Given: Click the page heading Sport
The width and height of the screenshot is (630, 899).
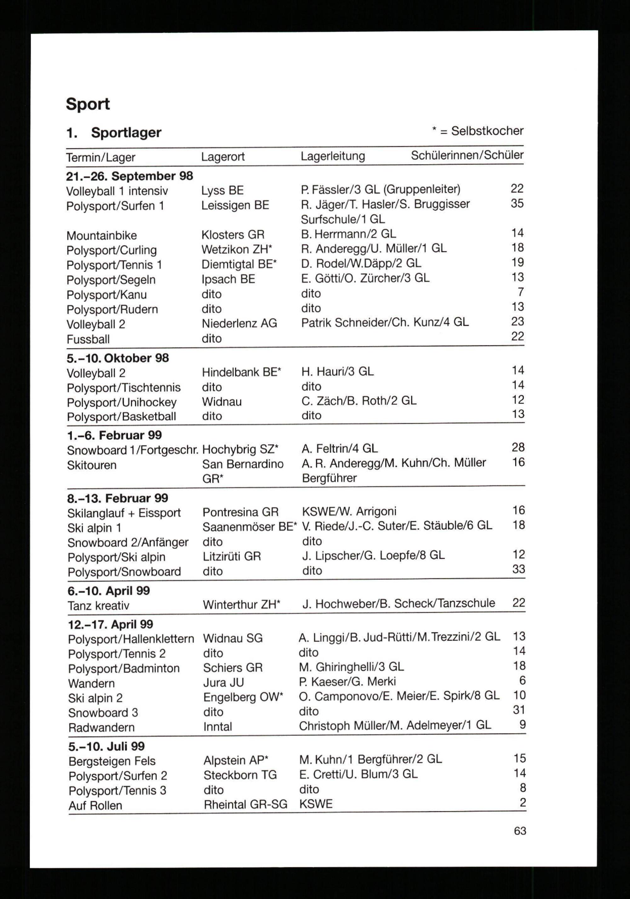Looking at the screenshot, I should [x=88, y=104].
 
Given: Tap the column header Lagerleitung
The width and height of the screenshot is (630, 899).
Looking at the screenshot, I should [x=333, y=156].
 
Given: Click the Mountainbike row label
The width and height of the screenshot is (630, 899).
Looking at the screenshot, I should [x=101, y=236].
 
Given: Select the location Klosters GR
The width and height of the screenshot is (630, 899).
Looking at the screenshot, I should [x=233, y=235].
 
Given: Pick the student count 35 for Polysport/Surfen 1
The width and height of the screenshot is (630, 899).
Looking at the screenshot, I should [x=517, y=204].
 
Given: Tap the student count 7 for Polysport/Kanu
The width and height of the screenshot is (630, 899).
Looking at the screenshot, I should [x=520, y=292].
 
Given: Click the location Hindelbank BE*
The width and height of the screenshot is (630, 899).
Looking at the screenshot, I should [x=241, y=372].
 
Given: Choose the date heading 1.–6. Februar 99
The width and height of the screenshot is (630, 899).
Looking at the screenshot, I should [x=114, y=435].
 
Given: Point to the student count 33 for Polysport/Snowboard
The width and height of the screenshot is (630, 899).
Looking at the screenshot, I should [x=518, y=569].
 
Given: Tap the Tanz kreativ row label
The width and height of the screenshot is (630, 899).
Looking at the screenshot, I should [x=98, y=606].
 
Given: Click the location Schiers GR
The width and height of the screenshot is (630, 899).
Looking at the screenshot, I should [x=233, y=668].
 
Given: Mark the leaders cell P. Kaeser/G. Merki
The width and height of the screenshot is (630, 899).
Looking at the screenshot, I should [x=347, y=682].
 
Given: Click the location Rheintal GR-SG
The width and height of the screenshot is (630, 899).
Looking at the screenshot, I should [x=245, y=805].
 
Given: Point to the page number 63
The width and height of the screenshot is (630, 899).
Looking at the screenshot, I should [x=520, y=831].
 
